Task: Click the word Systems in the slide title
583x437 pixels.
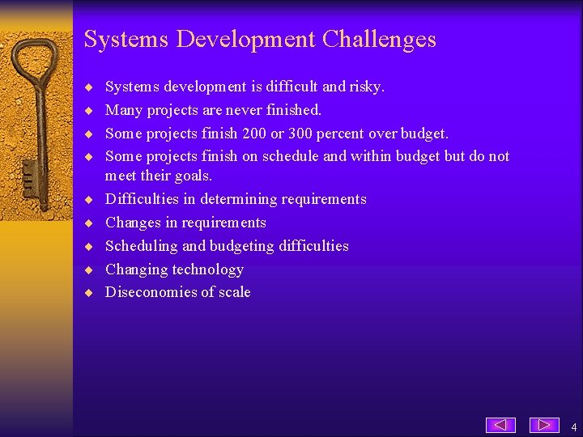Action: coord(118,40)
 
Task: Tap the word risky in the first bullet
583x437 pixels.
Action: coord(364,87)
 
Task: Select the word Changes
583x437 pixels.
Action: coord(133,223)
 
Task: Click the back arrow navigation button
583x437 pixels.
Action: coord(500,425)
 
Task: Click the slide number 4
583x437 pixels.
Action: coord(573,426)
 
